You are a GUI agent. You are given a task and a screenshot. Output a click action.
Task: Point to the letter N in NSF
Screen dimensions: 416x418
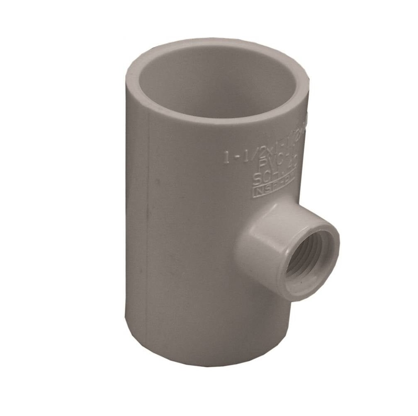coord(258,191)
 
